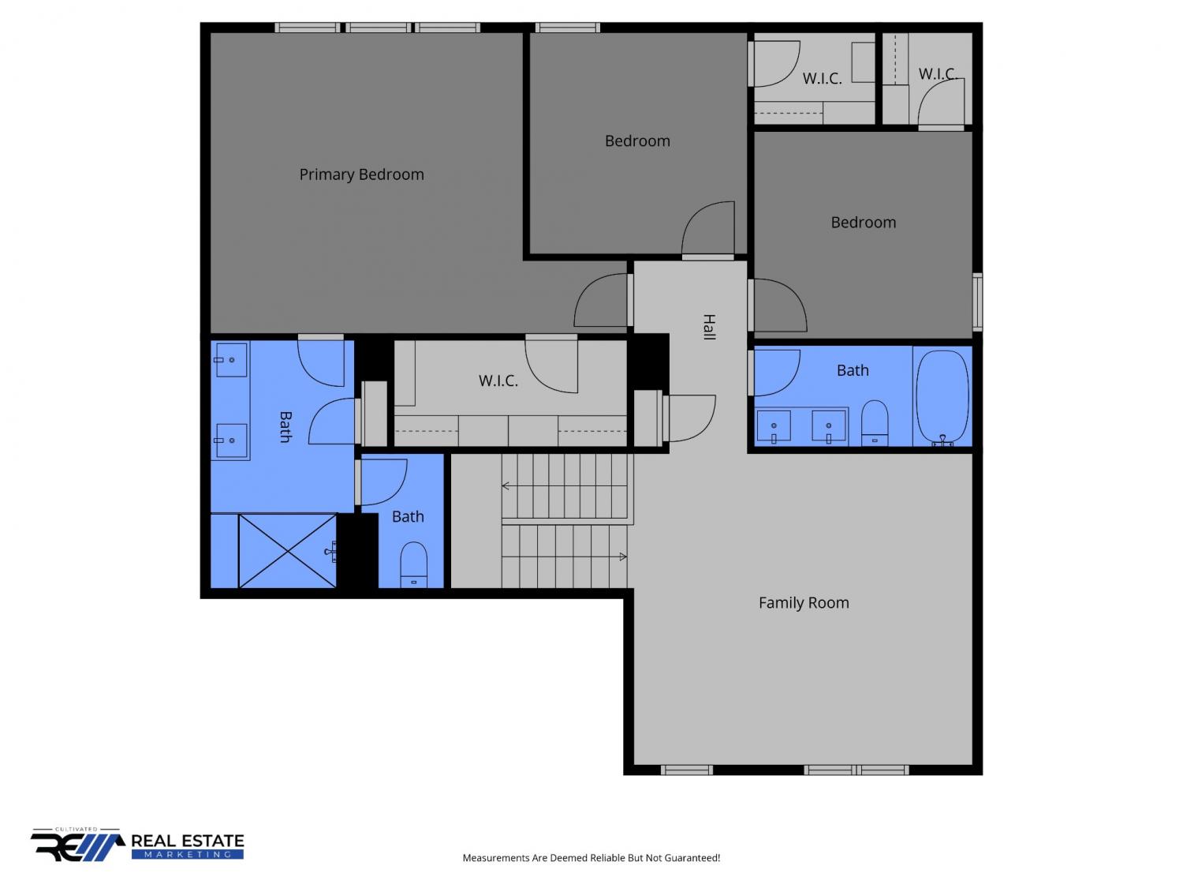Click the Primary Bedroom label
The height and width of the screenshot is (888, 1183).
click(x=361, y=174)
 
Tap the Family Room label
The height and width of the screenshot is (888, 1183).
click(x=803, y=602)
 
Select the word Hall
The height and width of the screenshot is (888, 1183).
click(x=709, y=327)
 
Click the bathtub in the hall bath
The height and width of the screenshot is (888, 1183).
click(x=942, y=398)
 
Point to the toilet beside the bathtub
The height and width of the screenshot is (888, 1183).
click(x=874, y=423)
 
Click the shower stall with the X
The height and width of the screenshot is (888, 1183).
click(x=287, y=550)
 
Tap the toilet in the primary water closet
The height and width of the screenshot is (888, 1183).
click(x=413, y=564)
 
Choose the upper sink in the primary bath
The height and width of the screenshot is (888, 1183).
click(x=231, y=360)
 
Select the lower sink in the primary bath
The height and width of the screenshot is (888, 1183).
click(x=231, y=440)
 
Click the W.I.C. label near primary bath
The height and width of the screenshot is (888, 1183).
click(x=498, y=381)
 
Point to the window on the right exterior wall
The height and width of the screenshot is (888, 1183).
click(x=976, y=302)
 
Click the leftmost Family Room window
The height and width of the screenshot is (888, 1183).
click(x=686, y=770)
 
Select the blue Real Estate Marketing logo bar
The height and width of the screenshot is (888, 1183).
click(x=188, y=854)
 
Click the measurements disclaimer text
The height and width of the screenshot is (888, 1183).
click(x=591, y=858)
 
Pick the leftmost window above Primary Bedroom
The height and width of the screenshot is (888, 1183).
click(x=308, y=28)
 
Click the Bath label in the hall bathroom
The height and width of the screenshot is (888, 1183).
click(x=852, y=370)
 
